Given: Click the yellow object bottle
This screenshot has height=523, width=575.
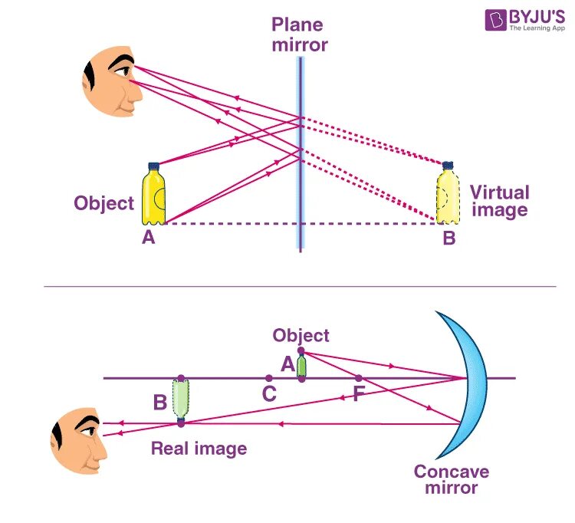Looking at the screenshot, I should click(x=153, y=196).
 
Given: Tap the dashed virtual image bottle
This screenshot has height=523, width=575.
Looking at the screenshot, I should click(x=446, y=196).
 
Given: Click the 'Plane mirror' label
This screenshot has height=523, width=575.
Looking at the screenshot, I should click(x=299, y=35).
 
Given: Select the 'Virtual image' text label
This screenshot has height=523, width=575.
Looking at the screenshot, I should click(x=499, y=201).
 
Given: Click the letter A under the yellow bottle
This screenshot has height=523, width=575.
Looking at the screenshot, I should click(x=149, y=238).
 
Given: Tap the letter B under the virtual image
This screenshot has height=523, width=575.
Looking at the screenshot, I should click(x=449, y=238).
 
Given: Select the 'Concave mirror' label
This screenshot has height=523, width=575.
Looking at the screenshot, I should click(x=452, y=479).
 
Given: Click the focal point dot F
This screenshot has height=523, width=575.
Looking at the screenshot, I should click(x=358, y=378).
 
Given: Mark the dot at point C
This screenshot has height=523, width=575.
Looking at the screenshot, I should click(x=268, y=378).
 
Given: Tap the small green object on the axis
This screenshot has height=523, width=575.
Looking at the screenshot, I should click(x=301, y=366).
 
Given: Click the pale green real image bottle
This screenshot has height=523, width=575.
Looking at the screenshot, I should click(x=181, y=399).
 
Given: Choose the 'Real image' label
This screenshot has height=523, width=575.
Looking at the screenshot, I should click(x=199, y=449).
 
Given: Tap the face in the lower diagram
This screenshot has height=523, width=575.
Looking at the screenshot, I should click(x=79, y=439).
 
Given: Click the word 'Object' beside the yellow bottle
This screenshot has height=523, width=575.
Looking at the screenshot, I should click(x=103, y=203).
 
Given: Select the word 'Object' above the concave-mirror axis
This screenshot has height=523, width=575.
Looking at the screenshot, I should click(x=301, y=335).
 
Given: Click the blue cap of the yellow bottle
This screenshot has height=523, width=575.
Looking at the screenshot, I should click(x=153, y=165).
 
